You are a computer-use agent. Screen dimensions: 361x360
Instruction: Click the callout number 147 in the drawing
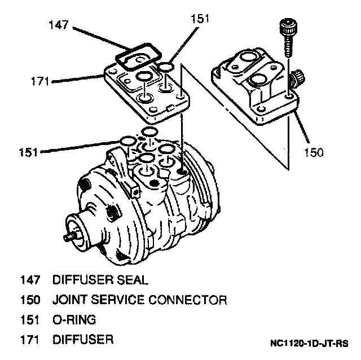59,25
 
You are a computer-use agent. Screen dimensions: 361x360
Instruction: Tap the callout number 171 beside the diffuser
40,81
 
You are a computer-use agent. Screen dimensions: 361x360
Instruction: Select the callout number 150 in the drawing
314,152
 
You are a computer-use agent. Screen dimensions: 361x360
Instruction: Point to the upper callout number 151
200,19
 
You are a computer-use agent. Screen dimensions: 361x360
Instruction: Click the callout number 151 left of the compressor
28,152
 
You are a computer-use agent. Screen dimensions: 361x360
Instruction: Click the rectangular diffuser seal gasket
138,56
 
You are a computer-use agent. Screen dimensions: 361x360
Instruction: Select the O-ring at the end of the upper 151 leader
166,67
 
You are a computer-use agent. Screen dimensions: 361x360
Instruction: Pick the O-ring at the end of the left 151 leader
128,141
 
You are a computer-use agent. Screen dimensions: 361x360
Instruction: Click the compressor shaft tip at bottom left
68,238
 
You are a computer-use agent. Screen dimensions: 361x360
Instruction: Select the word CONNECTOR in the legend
188,300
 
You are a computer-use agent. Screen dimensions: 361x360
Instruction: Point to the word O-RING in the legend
74,319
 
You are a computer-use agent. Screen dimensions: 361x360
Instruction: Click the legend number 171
29,340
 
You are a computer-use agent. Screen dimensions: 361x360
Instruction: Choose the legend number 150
30,300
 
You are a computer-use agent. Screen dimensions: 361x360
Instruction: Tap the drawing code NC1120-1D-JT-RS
309,344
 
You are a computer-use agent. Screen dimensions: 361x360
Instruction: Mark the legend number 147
30,280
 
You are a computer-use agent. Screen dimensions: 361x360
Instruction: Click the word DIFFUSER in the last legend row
83,340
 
